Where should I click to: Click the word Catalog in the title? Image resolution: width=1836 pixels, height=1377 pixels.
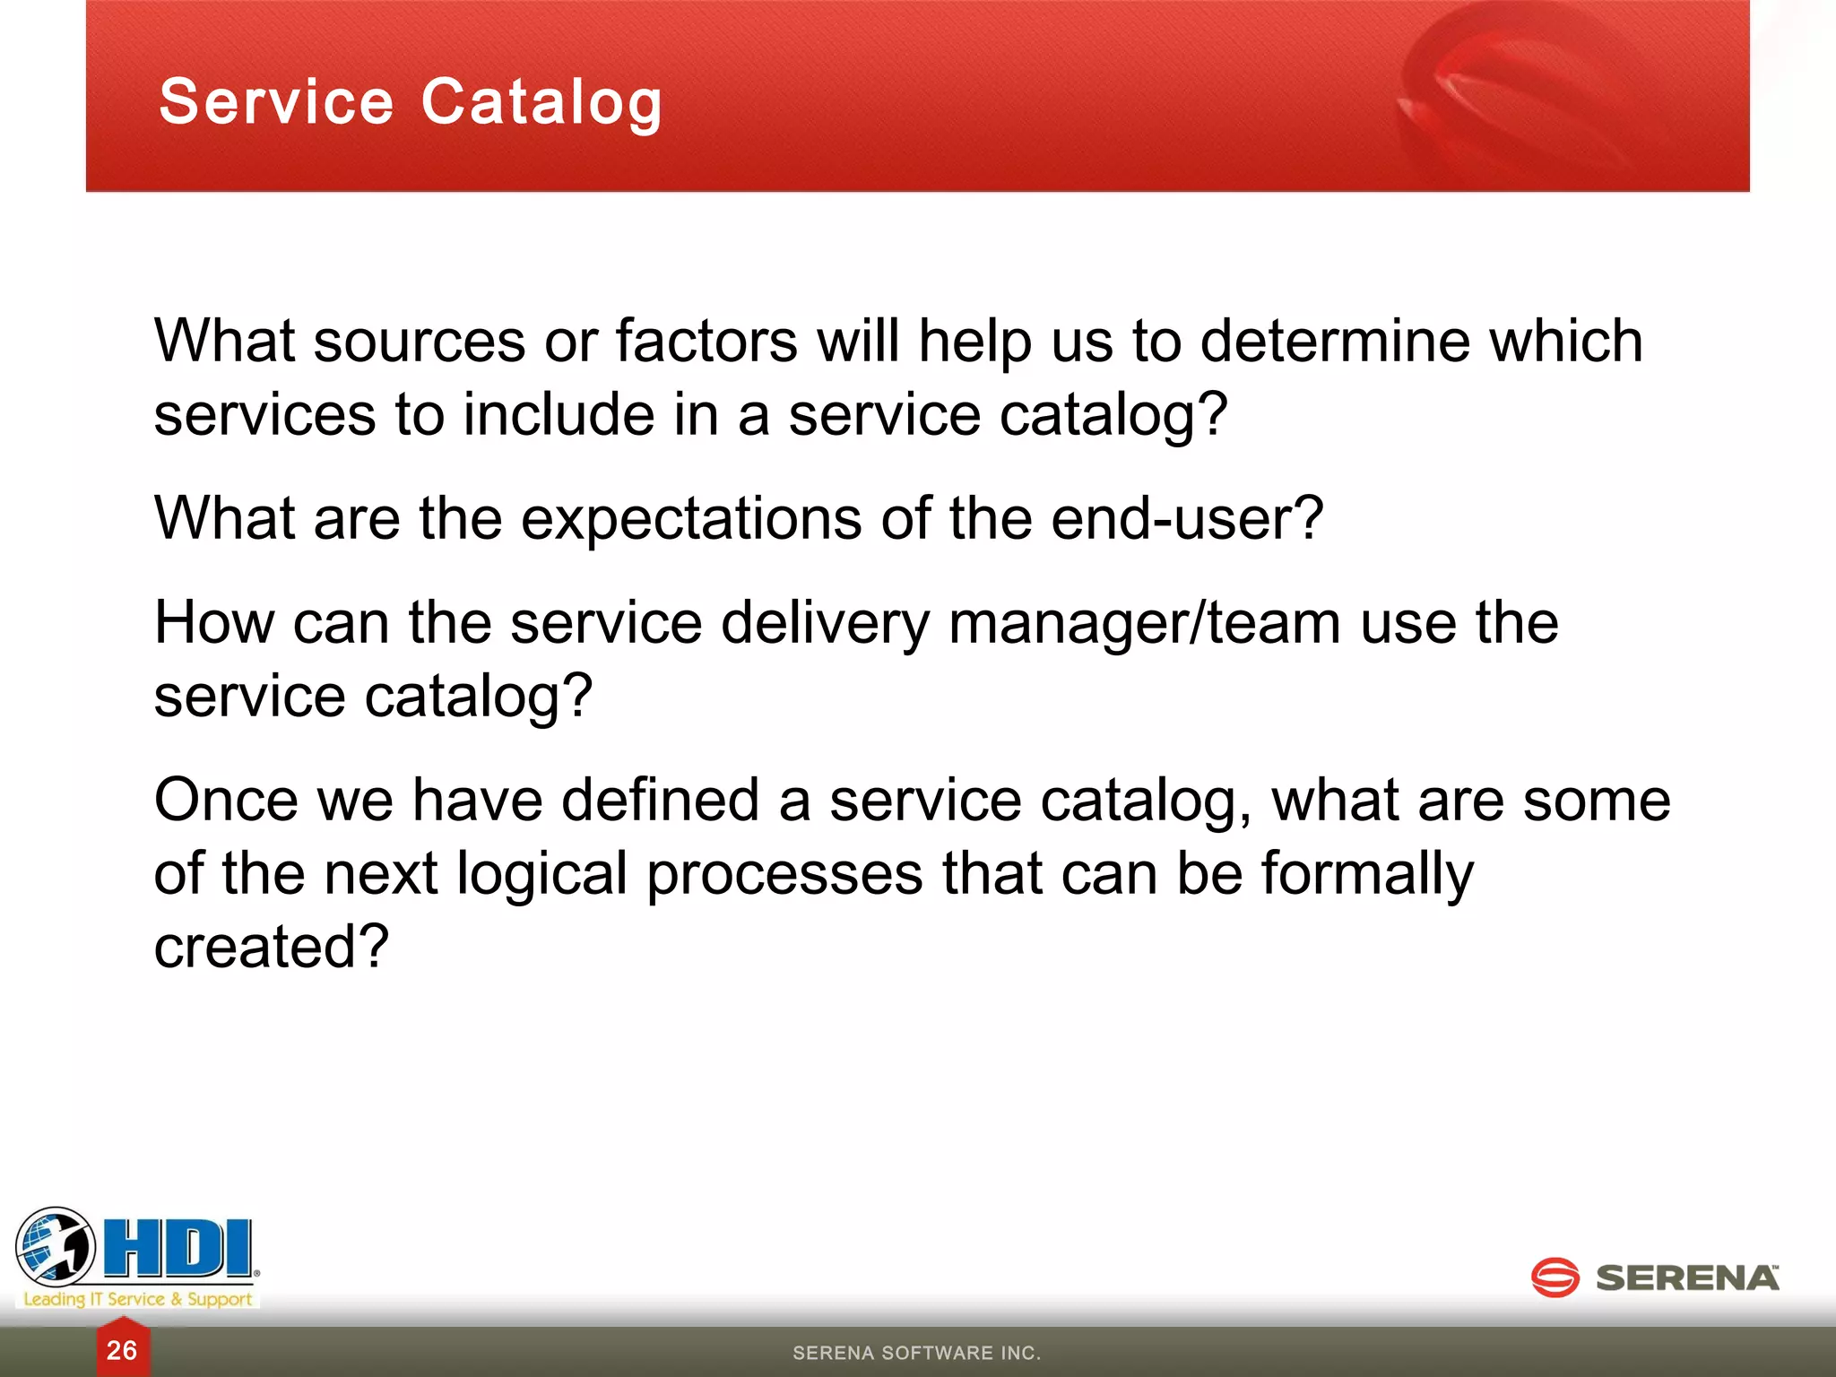pos(541,101)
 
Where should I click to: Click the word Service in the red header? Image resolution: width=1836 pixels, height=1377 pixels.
pos(276,101)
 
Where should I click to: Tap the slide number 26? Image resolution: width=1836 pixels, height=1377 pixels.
pos(122,1350)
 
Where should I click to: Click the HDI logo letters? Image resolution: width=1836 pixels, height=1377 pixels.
pos(179,1248)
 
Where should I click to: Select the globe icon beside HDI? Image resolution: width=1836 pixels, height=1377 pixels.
pos(56,1246)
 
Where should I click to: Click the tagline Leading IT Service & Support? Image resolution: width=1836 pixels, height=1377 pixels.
pos(138,1299)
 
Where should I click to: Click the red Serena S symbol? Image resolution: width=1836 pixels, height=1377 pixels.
pos(1555,1277)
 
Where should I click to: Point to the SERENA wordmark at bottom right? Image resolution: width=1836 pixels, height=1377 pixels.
pos(1687,1278)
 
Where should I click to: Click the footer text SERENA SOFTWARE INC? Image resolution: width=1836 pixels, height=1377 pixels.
pos(916,1353)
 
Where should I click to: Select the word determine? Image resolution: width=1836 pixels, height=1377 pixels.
pos(1335,342)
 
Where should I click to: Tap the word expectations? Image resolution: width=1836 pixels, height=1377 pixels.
pos(691,518)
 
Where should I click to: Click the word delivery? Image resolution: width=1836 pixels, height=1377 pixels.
pos(825,624)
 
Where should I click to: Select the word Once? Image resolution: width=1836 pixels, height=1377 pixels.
pos(226,800)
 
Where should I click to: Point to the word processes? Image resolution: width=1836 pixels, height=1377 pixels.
pos(784,875)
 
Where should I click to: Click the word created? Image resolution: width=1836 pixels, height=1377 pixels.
pos(272,947)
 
